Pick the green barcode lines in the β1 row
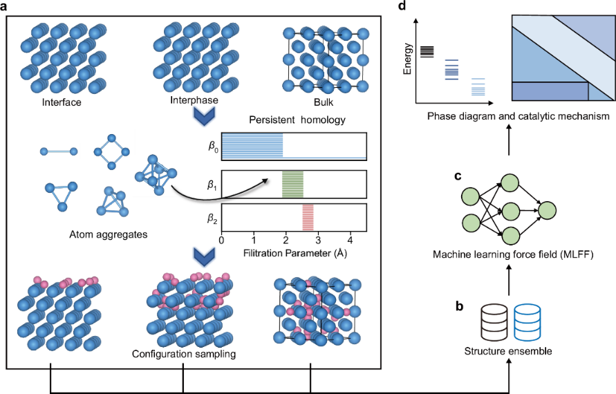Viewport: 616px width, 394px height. pyautogui.click(x=292, y=184)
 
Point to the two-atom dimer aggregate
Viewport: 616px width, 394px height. pyautogui.click(x=59, y=151)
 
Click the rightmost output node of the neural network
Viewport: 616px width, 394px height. pyautogui.click(x=548, y=209)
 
